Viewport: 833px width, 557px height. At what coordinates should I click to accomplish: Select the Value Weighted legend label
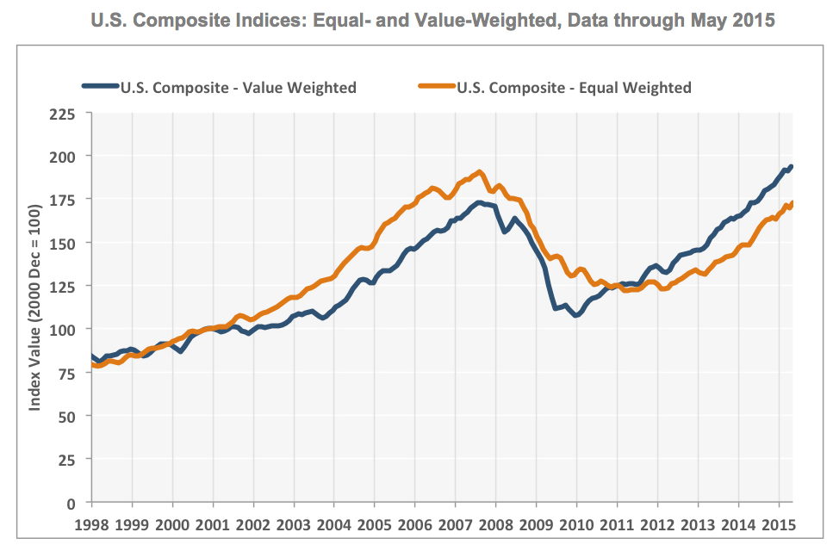(x=239, y=87)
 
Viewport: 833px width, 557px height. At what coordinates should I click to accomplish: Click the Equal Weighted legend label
(x=574, y=87)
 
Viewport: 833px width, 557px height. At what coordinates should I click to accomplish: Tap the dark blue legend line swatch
(x=100, y=87)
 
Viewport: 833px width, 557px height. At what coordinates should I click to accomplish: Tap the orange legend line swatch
(x=436, y=87)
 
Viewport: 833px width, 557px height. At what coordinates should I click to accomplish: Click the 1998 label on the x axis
(x=91, y=524)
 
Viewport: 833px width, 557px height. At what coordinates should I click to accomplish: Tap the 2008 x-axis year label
(x=495, y=524)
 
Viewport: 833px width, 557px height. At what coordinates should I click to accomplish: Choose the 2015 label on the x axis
(x=779, y=524)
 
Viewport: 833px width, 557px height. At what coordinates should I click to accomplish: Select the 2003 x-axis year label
(x=294, y=524)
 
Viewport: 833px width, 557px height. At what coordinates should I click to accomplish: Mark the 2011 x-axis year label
(x=617, y=524)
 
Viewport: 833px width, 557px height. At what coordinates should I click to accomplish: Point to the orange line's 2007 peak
(x=480, y=172)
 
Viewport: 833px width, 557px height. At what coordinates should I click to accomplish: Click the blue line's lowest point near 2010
(x=576, y=315)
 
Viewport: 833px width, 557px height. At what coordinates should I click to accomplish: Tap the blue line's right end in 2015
(x=792, y=166)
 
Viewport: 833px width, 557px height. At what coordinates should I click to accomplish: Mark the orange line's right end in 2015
(x=792, y=203)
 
